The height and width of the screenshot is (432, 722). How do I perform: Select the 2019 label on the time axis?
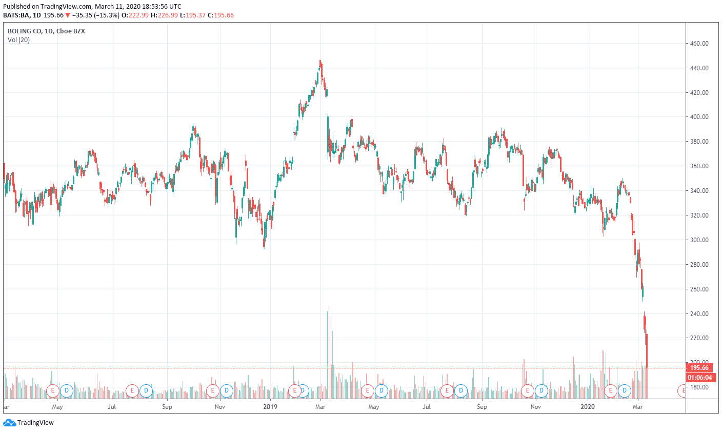click(x=270, y=407)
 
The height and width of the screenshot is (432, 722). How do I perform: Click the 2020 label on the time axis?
click(x=588, y=407)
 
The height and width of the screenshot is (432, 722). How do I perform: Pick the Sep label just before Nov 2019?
click(x=482, y=407)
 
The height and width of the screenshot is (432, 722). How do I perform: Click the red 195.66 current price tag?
click(x=699, y=368)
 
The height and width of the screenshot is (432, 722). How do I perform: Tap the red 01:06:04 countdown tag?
click(x=699, y=378)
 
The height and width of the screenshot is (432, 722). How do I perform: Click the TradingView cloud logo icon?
click(x=9, y=423)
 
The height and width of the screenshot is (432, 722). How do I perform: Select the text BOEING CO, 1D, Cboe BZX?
click(x=46, y=31)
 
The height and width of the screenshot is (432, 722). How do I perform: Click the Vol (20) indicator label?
click(x=18, y=40)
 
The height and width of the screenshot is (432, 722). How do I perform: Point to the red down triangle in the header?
click(x=68, y=15)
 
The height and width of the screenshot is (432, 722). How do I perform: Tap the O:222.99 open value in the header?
click(x=135, y=15)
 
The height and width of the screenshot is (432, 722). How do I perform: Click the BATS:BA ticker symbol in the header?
click(x=16, y=15)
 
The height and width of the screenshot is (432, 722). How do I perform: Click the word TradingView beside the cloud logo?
click(x=35, y=423)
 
